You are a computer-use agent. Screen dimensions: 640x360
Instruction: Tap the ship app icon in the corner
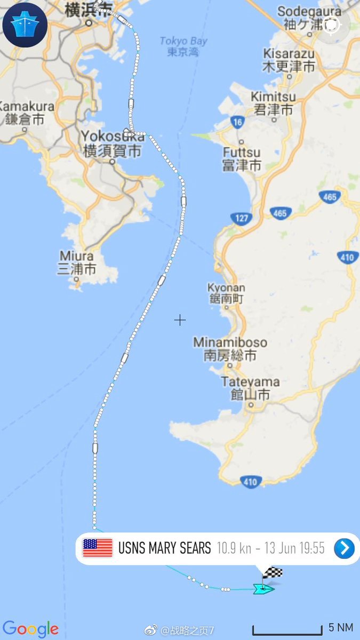tap(25, 25)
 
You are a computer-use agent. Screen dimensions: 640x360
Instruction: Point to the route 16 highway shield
tap(238, 122)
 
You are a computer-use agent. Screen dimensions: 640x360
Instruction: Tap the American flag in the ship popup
tap(98, 548)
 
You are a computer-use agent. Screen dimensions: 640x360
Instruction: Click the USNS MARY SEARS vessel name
tap(165, 548)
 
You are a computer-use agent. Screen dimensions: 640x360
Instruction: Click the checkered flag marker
tap(272, 574)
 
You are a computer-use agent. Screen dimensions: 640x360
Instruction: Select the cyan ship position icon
tap(263, 589)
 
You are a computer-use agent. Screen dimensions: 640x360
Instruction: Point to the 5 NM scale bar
tap(287, 631)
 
